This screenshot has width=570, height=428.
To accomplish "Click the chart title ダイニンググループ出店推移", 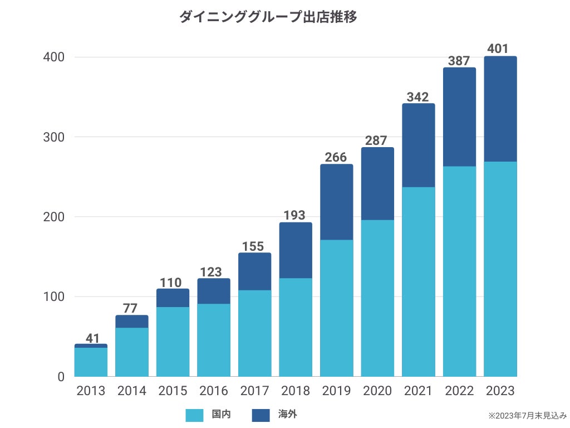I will pyautogui.click(x=268, y=17).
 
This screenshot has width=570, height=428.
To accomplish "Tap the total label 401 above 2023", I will pyautogui.click(x=498, y=49).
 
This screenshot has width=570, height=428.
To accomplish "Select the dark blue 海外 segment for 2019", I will pyautogui.click(x=336, y=202).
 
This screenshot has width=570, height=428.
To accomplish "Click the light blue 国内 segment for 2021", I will pyautogui.click(x=418, y=281).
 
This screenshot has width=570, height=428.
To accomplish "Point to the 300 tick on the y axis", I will pyautogui.click(x=54, y=137).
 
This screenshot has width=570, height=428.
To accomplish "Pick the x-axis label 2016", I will pyautogui.click(x=214, y=391).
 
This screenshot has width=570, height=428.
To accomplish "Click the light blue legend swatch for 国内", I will pyautogui.click(x=194, y=415).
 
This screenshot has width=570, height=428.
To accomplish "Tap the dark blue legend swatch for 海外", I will pyautogui.click(x=261, y=415).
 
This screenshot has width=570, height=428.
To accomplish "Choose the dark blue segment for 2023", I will pyautogui.click(x=500, y=109).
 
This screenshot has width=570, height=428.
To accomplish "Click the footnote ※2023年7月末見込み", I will pyautogui.click(x=527, y=416).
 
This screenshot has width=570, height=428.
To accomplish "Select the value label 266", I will pyautogui.click(x=336, y=157).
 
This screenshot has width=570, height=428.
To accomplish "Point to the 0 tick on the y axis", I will pyautogui.click(x=61, y=377).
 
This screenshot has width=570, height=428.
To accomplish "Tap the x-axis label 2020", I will pyautogui.click(x=377, y=391).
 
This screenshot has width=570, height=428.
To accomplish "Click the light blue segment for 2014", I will pyautogui.click(x=132, y=352).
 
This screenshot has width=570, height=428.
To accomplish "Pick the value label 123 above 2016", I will pyautogui.click(x=214, y=271).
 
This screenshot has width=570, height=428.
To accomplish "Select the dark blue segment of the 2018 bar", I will pyautogui.click(x=296, y=250).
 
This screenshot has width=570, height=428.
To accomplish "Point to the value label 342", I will pyautogui.click(x=418, y=96).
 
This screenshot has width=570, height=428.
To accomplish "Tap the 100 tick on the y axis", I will pyautogui.click(x=54, y=296).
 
